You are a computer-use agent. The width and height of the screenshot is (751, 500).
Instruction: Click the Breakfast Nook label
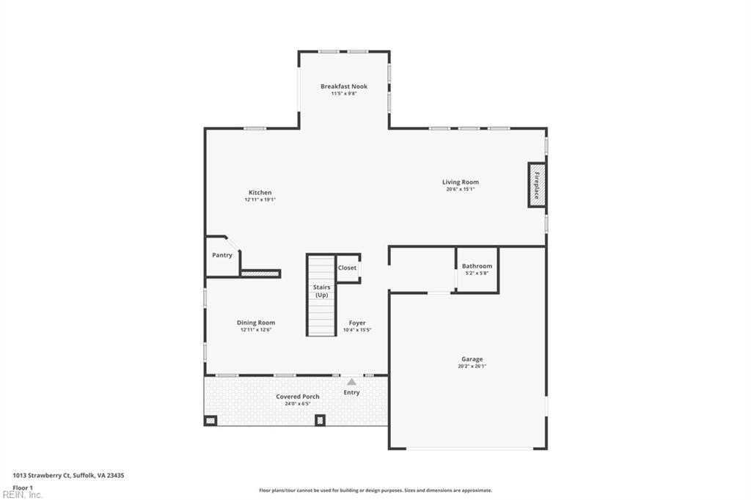[x=343, y=87]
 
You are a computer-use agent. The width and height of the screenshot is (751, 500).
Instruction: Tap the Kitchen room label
[x=260, y=192]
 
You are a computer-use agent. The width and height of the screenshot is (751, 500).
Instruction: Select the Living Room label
[x=460, y=182]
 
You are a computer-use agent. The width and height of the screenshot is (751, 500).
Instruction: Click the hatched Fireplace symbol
[x=536, y=185]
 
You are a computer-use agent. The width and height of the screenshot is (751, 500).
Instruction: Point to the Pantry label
[x=222, y=255]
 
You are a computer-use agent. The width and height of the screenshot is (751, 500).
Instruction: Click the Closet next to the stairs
[x=347, y=268]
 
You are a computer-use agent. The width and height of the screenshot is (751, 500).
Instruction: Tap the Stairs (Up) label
[x=321, y=291]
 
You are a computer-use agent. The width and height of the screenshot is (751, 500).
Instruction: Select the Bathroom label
[x=477, y=266]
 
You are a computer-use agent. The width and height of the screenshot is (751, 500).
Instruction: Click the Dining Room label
[x=255, y=323]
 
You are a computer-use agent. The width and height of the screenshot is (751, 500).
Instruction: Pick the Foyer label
[x=357, y=323]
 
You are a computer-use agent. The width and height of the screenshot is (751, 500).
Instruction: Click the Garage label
[x=472, y=359]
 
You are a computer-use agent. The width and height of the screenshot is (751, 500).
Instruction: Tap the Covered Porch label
[x=297, y=397]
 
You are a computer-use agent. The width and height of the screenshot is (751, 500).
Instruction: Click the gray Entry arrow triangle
[x=351, y=381]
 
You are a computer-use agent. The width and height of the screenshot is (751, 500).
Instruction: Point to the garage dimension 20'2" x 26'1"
[x=472, y=367]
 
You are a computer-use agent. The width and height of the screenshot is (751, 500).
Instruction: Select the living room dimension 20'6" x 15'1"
[x=460, y=189]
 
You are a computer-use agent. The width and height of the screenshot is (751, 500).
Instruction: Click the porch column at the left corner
[x=210, y=420]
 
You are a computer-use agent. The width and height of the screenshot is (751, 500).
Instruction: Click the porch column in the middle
[x=320, y=420]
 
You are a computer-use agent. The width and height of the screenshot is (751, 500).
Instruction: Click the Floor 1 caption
[x=23, y=487]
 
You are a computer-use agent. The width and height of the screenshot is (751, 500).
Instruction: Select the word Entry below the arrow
[x=351, y=393]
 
